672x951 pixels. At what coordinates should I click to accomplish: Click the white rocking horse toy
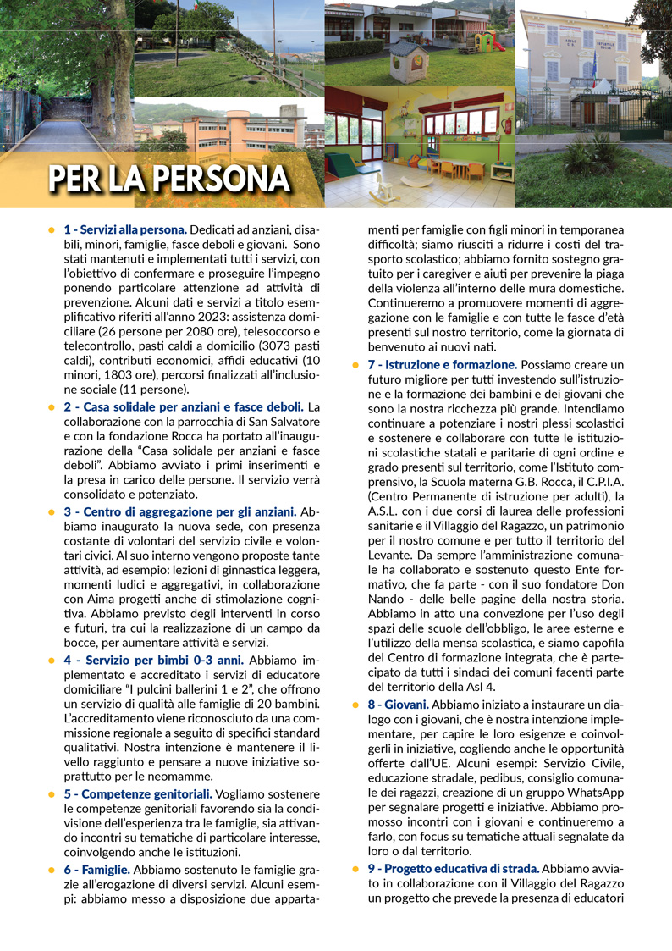pos(383,188)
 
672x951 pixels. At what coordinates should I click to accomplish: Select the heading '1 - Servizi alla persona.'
pos(125,229)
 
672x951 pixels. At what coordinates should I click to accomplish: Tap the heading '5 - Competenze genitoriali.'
pos(139,793)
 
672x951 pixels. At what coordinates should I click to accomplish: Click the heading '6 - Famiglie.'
pos(97,870)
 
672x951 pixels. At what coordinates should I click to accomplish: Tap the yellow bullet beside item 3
pos(52,512)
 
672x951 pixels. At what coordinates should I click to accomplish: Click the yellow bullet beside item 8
pos(355,705)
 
